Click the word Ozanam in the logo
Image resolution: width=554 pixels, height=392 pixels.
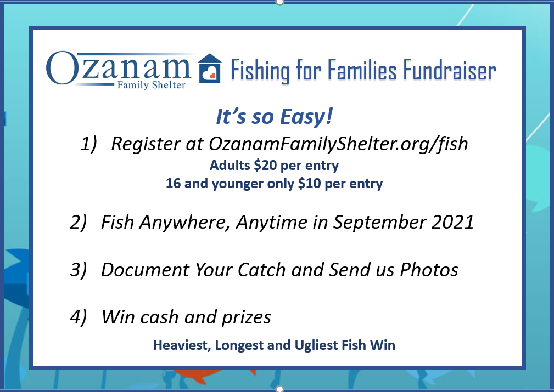coord(119,68)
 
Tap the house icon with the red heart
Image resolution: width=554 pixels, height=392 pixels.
coord(210,69)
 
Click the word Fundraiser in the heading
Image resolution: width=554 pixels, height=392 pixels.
coord(450,70)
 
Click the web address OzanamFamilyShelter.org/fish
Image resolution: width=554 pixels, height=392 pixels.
coord(338,144)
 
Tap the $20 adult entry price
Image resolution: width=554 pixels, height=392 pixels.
coord(265,165)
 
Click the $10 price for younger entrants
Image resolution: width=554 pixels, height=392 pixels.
coord(310,183)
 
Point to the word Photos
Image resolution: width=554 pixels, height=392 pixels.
coord(429,270)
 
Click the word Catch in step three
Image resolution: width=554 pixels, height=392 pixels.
coord(261,270)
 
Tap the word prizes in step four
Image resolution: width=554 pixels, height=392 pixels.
coord(247,317)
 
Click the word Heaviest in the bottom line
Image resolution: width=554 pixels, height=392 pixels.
coord(182,345)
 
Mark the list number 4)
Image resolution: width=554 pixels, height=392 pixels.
coord(78,317)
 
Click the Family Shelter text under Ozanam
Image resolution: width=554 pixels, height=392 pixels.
coord(151,85)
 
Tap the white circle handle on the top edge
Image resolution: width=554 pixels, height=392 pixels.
coord(279,2)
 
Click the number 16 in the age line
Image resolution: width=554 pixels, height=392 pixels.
coord(173,183)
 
